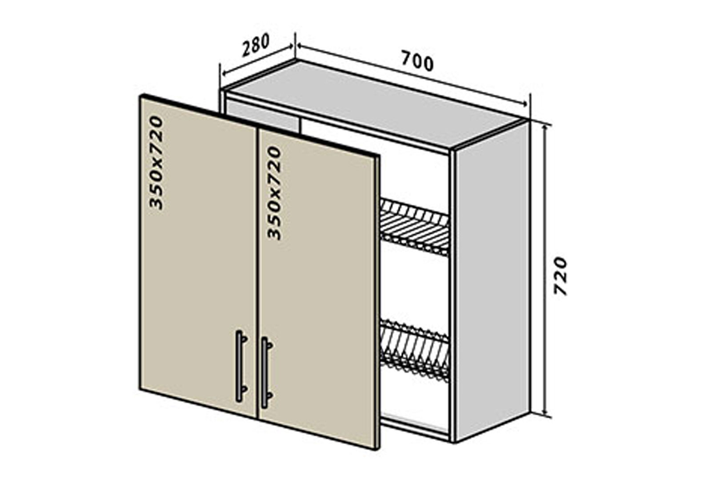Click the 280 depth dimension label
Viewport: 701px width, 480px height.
(255, 45)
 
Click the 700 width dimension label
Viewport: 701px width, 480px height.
(417, 61)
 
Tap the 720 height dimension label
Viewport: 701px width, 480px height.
(561, 276)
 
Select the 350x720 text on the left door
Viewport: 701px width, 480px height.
(156, 163)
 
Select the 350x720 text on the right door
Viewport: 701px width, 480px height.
(274, 193)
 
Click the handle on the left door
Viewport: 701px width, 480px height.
(241, 366)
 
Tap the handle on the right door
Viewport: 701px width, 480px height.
(267, 373)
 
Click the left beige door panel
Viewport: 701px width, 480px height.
(198, 256)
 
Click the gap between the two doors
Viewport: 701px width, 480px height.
(258, 273)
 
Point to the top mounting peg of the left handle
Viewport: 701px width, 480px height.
(244, 339)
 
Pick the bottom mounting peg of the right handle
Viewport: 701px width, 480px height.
(270, 395)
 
